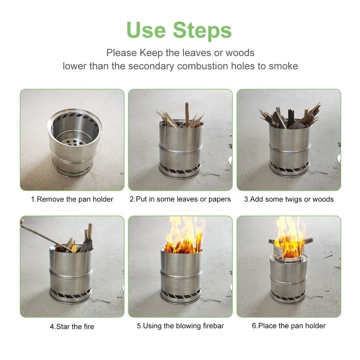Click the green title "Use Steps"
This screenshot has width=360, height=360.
[x=179, y=31]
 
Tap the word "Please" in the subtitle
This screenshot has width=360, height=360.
[x=121, y=53]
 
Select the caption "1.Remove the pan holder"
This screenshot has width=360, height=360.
[x=72, y=199]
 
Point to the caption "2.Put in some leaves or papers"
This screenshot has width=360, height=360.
[x=180, y=199]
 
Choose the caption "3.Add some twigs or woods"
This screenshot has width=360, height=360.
[x=289, y=199]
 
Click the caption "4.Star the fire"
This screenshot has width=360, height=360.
[x=72, y=327]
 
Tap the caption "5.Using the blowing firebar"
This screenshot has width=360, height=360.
[x=180, y=326]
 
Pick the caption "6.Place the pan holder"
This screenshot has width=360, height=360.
[x=289, y=326]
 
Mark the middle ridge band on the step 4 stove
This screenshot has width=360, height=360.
[x=71, y=272]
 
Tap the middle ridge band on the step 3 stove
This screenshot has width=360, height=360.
[x=290, y=146]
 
